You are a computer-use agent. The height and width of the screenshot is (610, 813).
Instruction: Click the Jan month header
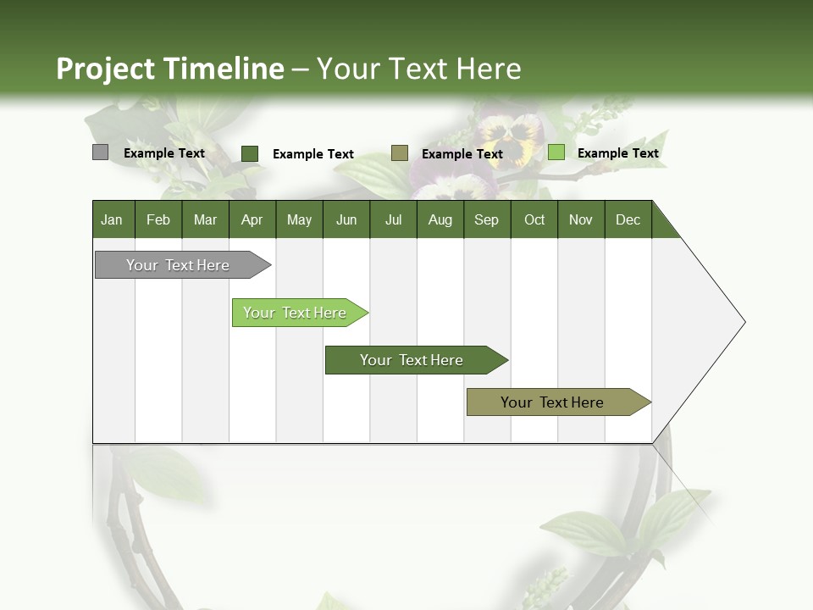(x=113, y=220)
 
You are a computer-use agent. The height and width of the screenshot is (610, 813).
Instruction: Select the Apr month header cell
(x=252, y=220)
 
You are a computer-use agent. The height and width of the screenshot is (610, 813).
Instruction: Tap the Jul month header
(x=393, y=220)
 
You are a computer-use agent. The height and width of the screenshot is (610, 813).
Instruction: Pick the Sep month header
(x=486, y=220)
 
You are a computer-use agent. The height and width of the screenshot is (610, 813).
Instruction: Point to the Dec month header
(x=628, y=220)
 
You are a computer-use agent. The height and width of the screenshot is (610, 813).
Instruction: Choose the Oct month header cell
(x=534, y=220)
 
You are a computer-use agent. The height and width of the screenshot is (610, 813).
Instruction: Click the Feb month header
(x=158, y=220)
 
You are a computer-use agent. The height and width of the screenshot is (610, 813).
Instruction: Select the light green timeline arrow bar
(x=296, y=313)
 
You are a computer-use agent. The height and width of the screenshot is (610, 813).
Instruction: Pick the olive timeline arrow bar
(x=554, y=402)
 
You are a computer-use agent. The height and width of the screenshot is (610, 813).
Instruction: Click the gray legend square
(x=101, y=152)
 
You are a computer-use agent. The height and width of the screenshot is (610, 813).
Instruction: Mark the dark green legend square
(x=250, y=153)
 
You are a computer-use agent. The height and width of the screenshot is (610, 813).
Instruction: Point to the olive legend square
(x=400, y=152)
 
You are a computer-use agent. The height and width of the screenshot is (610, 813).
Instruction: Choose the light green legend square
(x=556, y=152)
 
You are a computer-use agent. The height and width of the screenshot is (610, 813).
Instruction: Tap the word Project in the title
(x=105, y=69)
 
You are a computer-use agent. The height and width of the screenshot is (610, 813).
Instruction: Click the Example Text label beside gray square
(x=163, y=153)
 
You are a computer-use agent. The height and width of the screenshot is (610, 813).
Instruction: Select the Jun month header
(x=346, y=220)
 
